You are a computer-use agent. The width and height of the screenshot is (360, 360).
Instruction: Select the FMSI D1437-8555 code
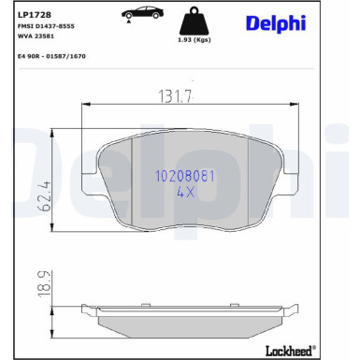coord(46,26)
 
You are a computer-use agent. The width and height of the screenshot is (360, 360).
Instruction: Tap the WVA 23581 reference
coord(36,36)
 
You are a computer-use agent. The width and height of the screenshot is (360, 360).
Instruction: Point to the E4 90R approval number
coord(51,56)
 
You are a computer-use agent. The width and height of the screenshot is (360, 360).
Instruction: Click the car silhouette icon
coord(142,12)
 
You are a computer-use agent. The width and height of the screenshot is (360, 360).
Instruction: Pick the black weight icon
coord(194,21)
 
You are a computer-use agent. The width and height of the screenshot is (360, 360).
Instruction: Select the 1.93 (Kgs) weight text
coord(194,40)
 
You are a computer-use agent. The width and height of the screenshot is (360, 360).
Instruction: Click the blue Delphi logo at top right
coord(276,22)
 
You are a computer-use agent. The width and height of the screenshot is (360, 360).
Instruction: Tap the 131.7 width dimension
coord(176,96)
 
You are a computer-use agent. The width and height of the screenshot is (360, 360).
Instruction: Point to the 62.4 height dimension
coord(45,196)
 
